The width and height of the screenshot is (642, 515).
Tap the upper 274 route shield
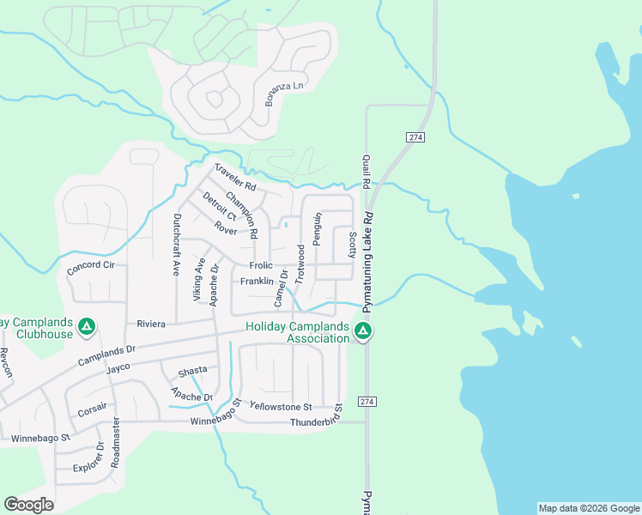[415, 137]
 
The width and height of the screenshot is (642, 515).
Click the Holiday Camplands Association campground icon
[363, 331]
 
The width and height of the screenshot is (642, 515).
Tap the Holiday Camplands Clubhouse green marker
[86, 327]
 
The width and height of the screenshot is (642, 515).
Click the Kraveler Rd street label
[235, 177]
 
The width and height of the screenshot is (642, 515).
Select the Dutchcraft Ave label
[177, 245]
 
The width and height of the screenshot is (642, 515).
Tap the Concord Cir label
[91, 266]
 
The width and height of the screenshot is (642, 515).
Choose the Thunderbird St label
[317, 421]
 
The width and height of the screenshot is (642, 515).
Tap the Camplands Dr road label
[107, 354]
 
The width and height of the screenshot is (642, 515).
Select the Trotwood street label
[300, 264]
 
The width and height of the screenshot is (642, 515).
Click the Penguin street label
[317, 230]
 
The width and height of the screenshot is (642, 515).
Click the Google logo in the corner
[28, 505]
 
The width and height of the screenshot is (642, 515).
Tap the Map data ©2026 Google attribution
[589, 508]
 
